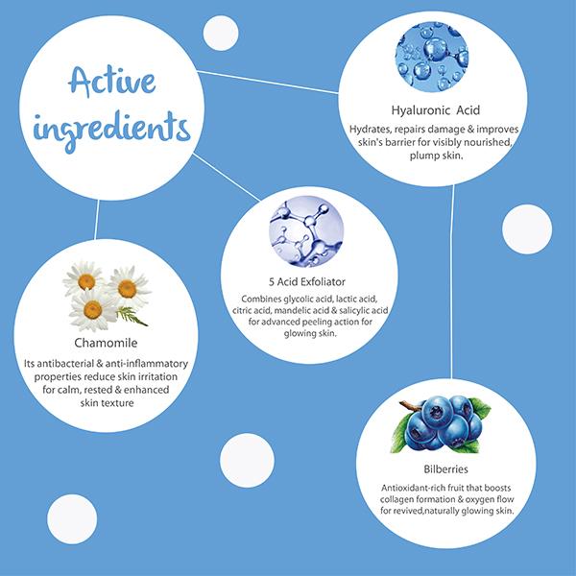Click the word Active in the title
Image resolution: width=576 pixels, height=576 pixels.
112,82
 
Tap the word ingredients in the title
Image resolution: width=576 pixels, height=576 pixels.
111,131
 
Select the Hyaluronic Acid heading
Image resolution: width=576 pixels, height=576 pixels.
435,110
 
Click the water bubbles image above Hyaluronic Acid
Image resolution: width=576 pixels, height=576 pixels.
432,57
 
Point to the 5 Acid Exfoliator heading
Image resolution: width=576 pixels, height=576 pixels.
307,281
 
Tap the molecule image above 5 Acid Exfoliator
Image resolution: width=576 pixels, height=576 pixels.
306,231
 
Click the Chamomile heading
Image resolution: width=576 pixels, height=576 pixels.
106,343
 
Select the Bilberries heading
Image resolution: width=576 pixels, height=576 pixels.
445,469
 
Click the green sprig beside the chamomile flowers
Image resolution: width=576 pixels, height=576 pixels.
132,316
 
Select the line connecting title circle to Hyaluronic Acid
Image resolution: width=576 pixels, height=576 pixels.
268,82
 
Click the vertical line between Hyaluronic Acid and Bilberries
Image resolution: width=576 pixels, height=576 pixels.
452,281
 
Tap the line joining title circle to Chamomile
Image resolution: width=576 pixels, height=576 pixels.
97,220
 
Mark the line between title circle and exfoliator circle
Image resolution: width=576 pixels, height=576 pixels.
227,177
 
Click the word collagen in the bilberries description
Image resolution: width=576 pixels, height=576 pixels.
394,499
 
